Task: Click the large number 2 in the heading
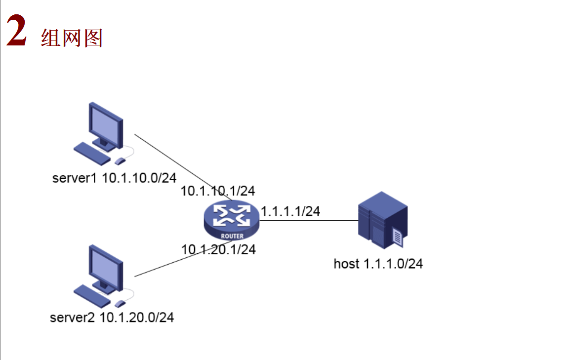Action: tap(16, 32)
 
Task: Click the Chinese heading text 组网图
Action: tap(72, 38)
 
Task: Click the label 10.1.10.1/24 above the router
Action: tap(218, 191)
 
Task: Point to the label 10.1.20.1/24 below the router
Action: tap(218, 250)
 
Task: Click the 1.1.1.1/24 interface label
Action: tap(290, 211)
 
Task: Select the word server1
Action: tap(75, 178)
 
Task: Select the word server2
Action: tap(73, 318)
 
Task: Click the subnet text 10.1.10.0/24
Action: tap(139, 178)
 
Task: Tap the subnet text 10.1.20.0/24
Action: tap(137, 318)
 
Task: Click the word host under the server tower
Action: tap(346, 264)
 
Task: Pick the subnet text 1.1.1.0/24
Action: tap(393, 264)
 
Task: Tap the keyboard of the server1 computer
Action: tap(92, 153)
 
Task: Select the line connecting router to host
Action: tap(309, 221)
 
